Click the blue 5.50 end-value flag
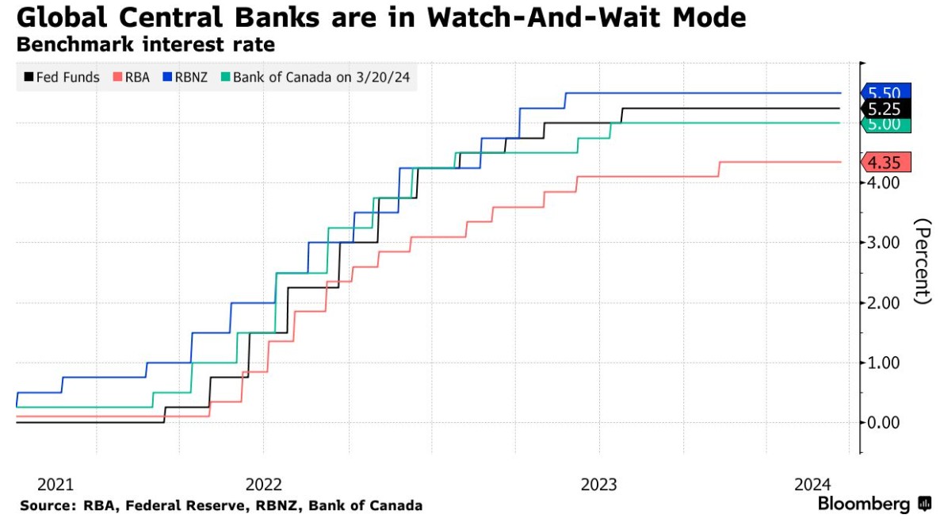tap(885, 93)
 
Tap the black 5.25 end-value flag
tap(885, 109)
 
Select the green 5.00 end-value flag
tap(885, 125)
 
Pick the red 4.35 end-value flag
tap(885, 162)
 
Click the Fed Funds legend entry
tap(61, 77)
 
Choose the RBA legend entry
tap(132, 77)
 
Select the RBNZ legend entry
tap(185, 77)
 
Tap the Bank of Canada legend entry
tap(315, 77)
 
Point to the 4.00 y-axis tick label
tap(883, 182)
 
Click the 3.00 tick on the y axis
tap(883, 242)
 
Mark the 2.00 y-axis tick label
tap(883, 302)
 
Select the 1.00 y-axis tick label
tap(883, 363)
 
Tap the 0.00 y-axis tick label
tap(883, 423)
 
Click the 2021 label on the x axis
tap(55, 484)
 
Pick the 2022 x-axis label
tap(264, 484)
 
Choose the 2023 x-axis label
tap(599, 484)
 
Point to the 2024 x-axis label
tap(812, 484)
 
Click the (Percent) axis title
tap(923, 261)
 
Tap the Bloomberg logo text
tap(864, 504)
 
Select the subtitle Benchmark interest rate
tap(146, 44)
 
